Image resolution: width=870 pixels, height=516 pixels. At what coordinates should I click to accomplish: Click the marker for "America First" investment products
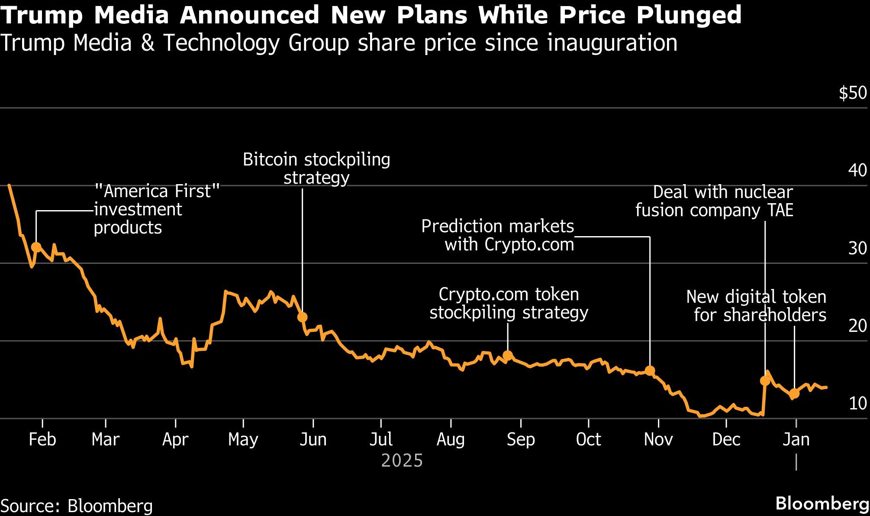point(36,247)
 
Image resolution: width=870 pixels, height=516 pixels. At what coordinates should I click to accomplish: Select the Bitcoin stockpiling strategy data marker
point(302,317)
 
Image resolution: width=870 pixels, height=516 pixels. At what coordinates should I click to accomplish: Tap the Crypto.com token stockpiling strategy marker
point(508,356)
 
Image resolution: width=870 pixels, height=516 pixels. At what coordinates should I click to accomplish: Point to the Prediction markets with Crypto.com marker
point(650,370)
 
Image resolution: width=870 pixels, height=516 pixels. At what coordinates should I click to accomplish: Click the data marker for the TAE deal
point(765,380)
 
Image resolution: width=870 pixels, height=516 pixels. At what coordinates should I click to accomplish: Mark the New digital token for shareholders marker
point(794,393)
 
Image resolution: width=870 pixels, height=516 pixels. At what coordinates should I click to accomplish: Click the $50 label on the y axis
point(853,93)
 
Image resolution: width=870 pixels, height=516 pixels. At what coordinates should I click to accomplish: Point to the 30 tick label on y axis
point(857,248)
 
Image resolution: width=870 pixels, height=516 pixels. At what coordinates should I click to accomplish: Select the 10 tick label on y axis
point(857,403)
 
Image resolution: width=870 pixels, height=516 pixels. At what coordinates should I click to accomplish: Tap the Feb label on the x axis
point(42,439)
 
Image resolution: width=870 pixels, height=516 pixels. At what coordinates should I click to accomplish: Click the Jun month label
point(313,439)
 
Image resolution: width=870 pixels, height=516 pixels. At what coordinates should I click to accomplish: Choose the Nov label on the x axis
point(658,439)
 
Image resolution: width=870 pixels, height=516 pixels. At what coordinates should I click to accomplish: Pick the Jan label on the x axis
point(796,439)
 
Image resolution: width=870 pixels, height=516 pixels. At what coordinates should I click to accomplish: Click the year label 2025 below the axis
point(402,461)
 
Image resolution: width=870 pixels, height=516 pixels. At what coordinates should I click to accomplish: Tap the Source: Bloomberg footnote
point(77,506)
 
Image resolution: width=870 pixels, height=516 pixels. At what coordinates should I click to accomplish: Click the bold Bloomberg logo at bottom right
point(822,504)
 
